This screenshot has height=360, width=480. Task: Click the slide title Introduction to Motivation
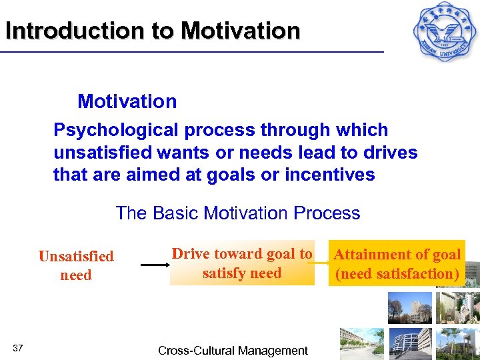[153, 31]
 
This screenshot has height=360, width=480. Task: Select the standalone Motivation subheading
[127, 101]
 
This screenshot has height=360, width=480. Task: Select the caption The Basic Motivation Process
[237, 213]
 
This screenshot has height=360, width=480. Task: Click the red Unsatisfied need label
[76, 265]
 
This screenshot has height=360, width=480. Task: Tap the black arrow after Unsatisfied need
[155, 265]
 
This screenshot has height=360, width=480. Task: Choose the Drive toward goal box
[242, 263]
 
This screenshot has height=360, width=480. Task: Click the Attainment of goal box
[397, 264]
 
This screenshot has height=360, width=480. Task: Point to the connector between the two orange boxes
[321, 263]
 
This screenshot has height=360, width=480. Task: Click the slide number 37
[18, 348]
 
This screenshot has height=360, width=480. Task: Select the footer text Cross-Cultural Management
[233, 350]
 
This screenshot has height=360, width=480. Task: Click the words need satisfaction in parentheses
[397, 274]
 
